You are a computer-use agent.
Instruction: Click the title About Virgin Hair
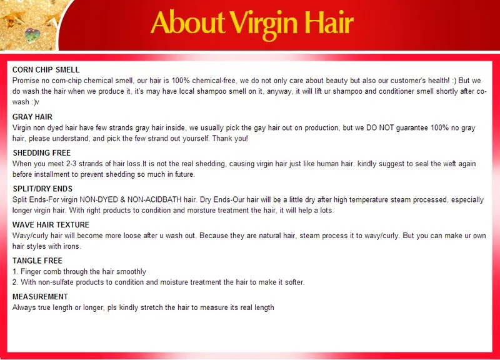tap(252, 23)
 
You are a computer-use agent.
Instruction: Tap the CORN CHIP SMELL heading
tap(46, 70)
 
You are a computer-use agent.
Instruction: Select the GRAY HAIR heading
tap(32, 117)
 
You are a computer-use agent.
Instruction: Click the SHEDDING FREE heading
tap(42, 153)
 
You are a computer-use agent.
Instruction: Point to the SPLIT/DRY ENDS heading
tap(42, 189)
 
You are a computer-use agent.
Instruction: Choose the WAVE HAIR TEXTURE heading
tap(51, 225)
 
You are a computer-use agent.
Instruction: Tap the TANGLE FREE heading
tap(37, 261)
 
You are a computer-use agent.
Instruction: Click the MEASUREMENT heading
tap(40, 297)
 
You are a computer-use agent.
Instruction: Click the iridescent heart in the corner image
tap(32, 35)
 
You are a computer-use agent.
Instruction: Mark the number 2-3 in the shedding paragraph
tap(71, 164)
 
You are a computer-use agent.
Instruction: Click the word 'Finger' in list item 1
tap(31, 272)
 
